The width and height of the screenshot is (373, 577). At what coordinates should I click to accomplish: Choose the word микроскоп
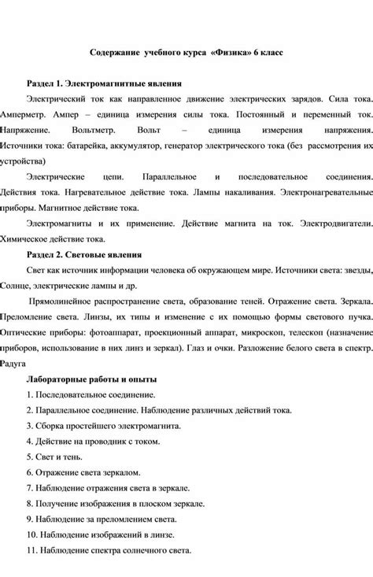tap(266, 333)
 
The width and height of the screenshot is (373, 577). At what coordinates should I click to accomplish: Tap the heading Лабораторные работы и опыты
tap(91, 380)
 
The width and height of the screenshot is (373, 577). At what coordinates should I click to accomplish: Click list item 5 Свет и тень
tap(60, 456)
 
